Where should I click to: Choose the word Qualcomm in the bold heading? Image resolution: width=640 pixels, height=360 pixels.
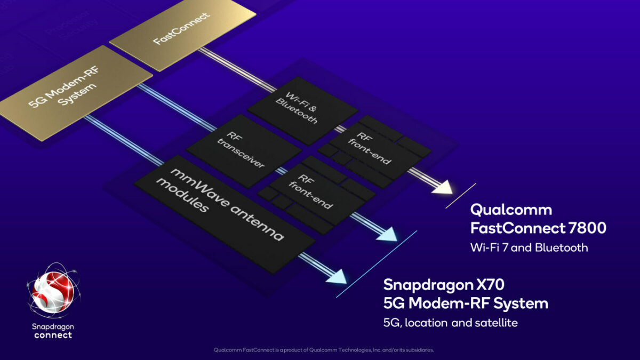point(510,209)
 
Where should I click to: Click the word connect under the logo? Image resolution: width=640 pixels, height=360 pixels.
point(53,335)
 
